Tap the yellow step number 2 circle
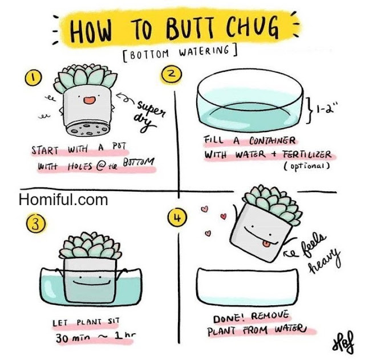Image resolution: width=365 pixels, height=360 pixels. tap(171, 75)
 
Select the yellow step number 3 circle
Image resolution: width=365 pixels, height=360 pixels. tap(35, 223)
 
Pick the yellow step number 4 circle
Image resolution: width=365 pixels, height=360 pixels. tap(177, 218)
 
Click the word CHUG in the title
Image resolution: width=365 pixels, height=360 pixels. tap(252, 28)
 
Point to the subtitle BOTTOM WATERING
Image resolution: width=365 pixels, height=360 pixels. tap(180, 53)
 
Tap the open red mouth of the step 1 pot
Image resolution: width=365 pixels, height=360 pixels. tap(90, 100)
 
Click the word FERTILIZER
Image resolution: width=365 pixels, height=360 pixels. tap(307, 154)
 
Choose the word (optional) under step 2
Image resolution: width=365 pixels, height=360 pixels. tap(307, 166)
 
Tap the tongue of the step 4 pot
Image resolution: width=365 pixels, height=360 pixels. tap(266, 244)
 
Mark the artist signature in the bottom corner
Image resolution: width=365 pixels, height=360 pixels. tap(343, 342)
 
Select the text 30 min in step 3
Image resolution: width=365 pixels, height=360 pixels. tap(73, 338)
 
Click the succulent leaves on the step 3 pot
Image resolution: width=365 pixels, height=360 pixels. tap(90, 246)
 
